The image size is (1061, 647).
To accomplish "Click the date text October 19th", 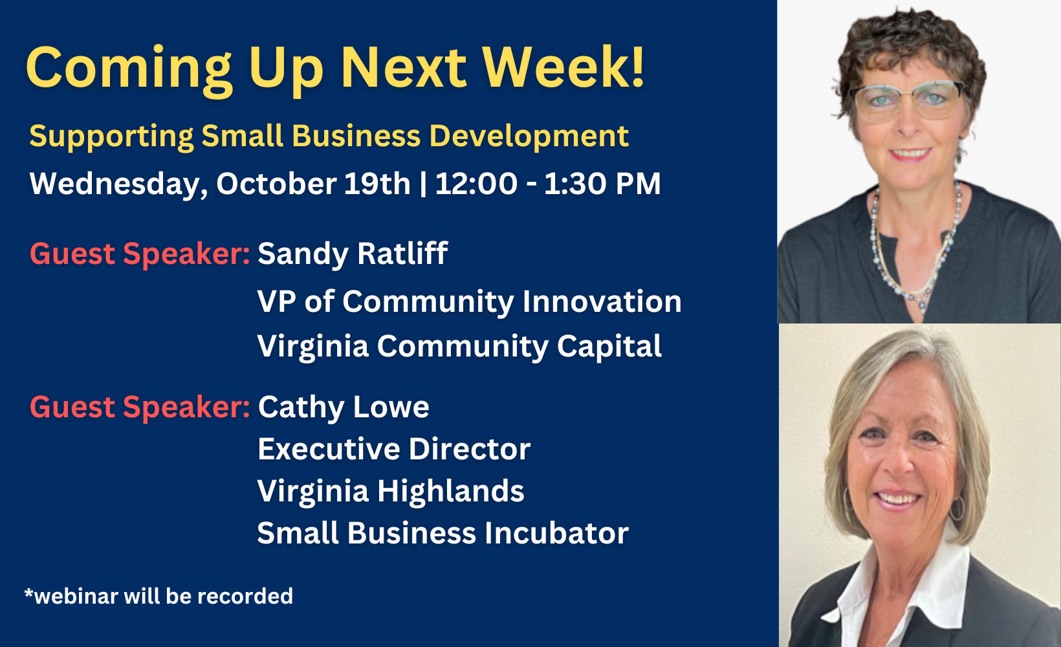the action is tap(313, 183).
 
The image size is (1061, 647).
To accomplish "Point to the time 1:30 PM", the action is tap(602, 183).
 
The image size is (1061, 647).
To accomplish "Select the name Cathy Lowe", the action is tap(344, 408).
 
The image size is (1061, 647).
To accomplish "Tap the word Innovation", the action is tap(602, 302).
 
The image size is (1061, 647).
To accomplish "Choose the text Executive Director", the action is tap(394, 449).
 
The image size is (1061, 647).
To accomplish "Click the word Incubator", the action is tap(556, 533).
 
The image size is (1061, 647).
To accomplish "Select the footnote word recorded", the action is tap(245, 596).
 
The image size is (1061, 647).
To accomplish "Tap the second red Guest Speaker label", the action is tap(140, 408).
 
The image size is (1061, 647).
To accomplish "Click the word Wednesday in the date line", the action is tap(118, 184).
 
